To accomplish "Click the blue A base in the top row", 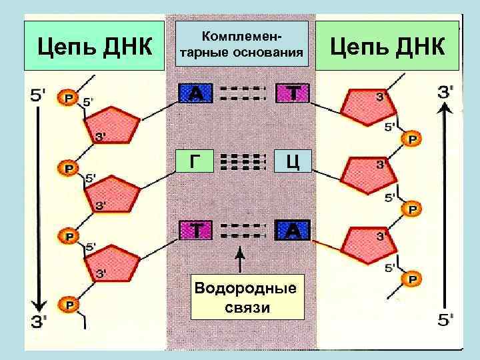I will [x=195, y=94].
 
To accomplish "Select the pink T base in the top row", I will [x=293, y=94].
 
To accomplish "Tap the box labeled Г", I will [x=194, y=161].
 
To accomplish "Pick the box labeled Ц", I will [x=293, y=161].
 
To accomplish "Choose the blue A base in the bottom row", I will [x=293, y=230].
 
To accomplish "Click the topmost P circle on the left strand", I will [x=68, y=98].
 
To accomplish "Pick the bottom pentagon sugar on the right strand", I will [x=367, y=244].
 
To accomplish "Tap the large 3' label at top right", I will [x=447, y=93].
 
